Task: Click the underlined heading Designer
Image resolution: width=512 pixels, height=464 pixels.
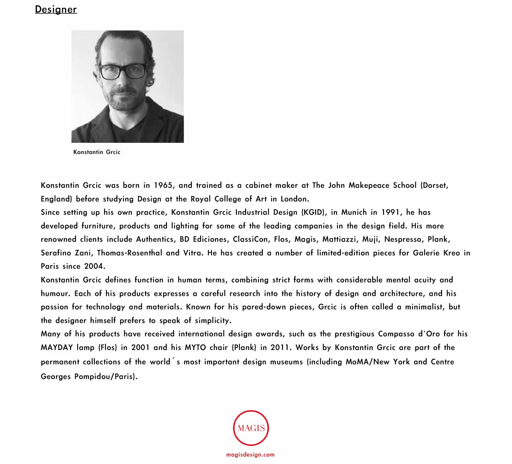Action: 56,9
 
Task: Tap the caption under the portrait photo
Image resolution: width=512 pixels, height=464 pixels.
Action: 97,152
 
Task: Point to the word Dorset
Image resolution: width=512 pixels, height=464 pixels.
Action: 435,185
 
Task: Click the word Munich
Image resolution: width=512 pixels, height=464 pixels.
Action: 354,212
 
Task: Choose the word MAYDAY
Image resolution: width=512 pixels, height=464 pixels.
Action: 57,348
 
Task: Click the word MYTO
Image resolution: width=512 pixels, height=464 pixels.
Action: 195,348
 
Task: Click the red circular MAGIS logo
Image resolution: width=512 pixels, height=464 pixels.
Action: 251,428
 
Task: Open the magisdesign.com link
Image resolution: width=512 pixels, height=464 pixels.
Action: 250,454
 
